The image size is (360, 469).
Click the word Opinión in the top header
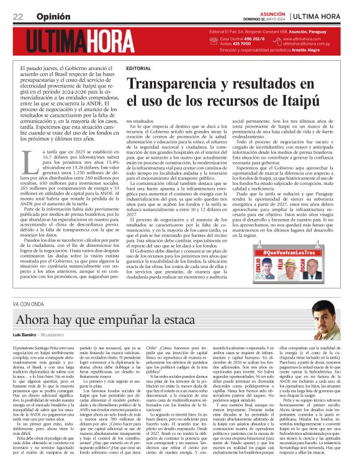49,16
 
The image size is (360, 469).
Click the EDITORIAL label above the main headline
138,67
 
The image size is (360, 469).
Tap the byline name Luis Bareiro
25,335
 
